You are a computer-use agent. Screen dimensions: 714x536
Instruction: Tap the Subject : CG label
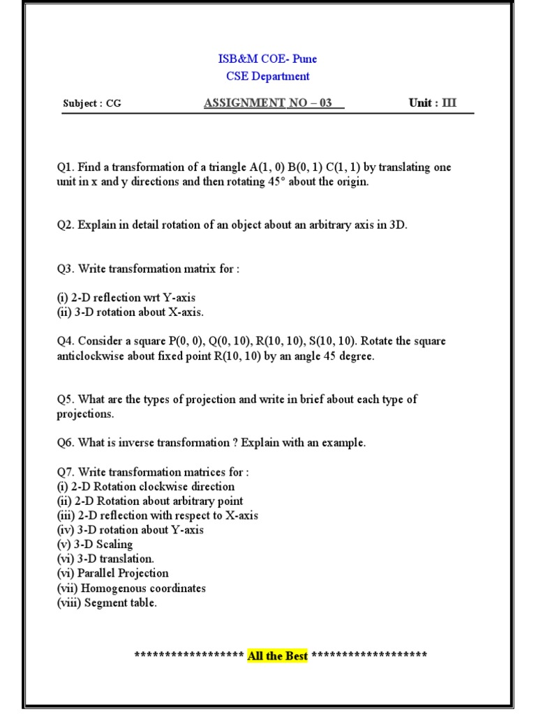[92, 104]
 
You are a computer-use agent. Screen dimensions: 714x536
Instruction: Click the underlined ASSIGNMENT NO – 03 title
[274, 103]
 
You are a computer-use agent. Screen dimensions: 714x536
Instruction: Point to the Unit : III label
[433, 103]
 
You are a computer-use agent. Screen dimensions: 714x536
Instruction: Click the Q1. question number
[66, 167]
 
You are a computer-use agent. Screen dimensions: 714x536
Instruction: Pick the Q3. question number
[66, 268]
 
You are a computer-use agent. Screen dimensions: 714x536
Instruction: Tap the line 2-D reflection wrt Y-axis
[126, 298]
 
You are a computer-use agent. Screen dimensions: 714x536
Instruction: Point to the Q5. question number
[66, 400]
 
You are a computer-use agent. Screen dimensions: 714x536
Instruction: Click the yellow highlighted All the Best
[277, 655]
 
